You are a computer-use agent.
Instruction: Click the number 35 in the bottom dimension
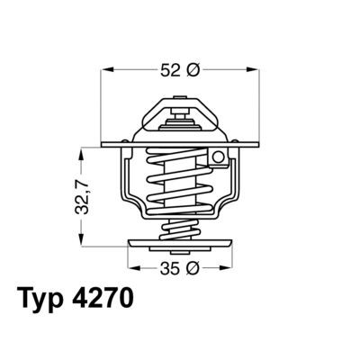point(167,267)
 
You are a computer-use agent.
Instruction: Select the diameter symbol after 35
point(192,267)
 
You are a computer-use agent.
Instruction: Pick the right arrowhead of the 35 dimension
point(229,267)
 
